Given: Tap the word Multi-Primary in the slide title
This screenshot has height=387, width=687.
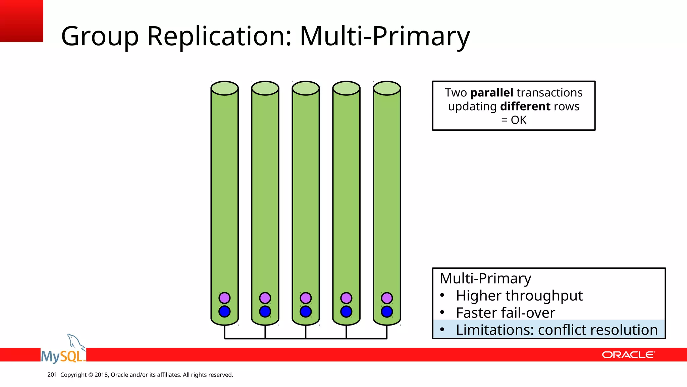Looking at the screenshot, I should point(385,36).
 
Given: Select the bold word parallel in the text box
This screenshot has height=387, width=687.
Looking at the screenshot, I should point(492,93).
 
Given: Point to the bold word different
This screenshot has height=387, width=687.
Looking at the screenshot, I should point(525,106).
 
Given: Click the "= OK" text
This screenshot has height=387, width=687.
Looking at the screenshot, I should point(514,120).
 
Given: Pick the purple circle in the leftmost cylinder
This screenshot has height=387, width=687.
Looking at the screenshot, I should point(224,298).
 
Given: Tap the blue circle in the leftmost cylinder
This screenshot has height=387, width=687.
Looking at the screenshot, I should point(224,311).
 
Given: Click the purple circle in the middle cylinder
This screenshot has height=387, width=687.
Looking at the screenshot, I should point(306,298).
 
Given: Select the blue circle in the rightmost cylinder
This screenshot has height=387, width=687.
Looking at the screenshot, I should point(387,311).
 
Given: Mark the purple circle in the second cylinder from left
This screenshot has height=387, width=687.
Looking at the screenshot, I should point(265,298).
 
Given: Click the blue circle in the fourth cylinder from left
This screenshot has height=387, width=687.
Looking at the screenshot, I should point(346,311).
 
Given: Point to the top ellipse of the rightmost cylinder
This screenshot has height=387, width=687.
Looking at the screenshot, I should point(387,88).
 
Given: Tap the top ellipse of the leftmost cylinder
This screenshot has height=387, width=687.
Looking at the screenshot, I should point(224,88).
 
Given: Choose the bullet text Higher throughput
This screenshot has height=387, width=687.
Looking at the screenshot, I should point(519,296).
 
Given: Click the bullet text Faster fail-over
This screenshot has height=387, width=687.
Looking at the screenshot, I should point(505,313).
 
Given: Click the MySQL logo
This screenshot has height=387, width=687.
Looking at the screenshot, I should point(63,351).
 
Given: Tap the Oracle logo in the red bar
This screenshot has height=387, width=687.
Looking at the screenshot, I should point(628,355).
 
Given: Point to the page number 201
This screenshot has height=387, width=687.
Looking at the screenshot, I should point(52,375).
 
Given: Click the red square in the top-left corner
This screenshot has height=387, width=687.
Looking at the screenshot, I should point(21,21).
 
